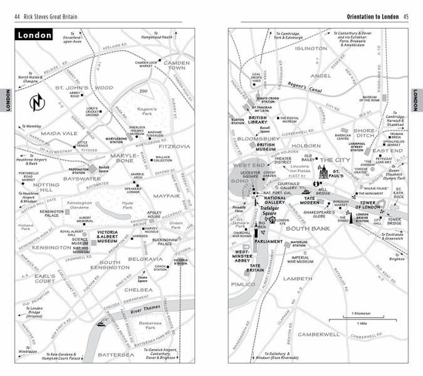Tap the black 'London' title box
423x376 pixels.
35,36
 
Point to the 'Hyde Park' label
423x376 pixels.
127,206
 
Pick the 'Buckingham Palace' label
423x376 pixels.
165,243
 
